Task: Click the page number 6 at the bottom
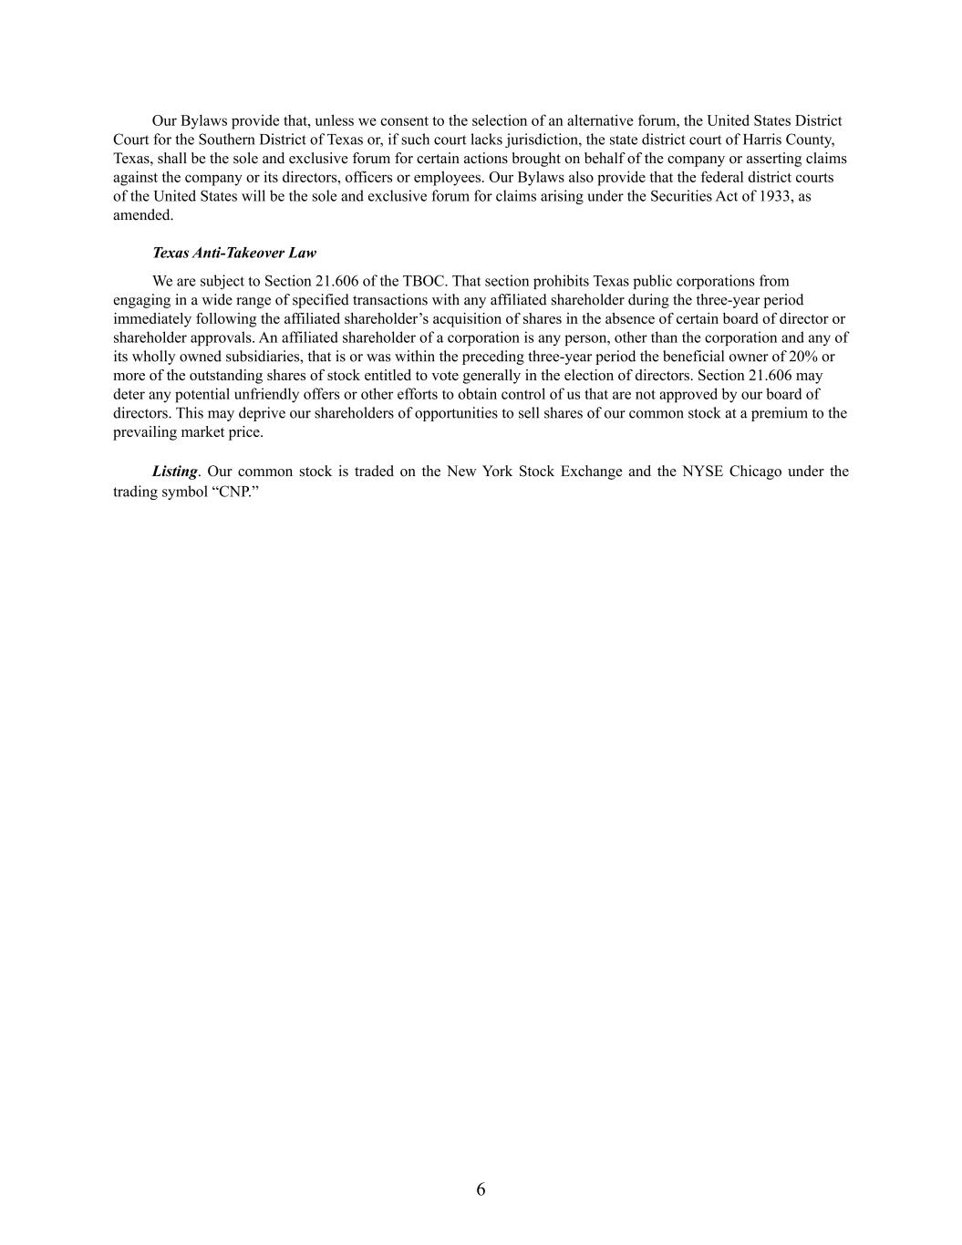click(481, 1189)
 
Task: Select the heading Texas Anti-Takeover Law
click(233, 253)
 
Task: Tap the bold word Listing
click(174, 472)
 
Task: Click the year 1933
click(777, 196)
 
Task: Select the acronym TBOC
click(422, 281)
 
